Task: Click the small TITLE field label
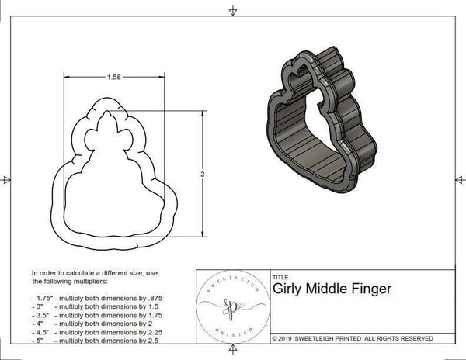click(x=280, y=276)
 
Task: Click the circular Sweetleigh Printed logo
click(x=231, y=306)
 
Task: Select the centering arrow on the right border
click(x=459, y=180)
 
